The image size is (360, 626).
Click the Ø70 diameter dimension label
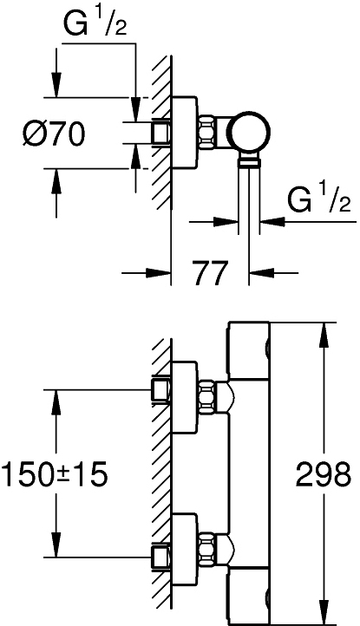point(54,134)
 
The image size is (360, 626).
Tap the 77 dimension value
point(211,273)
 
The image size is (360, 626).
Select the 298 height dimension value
point(324,474)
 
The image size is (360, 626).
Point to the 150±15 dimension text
point(56,474)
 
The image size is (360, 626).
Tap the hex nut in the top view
point(207,132)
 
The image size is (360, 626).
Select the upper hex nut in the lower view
point(207,397)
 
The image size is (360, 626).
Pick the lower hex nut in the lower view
point(207,549)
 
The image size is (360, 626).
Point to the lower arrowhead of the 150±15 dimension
point(56,545)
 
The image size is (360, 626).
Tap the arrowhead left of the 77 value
point(159,273)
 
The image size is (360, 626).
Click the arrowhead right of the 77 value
point(261,273)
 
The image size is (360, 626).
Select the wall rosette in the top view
point(184,132)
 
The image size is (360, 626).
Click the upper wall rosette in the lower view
point(184,397)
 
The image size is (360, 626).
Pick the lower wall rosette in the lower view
point(184,549)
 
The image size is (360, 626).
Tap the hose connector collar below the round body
point(250,161)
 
